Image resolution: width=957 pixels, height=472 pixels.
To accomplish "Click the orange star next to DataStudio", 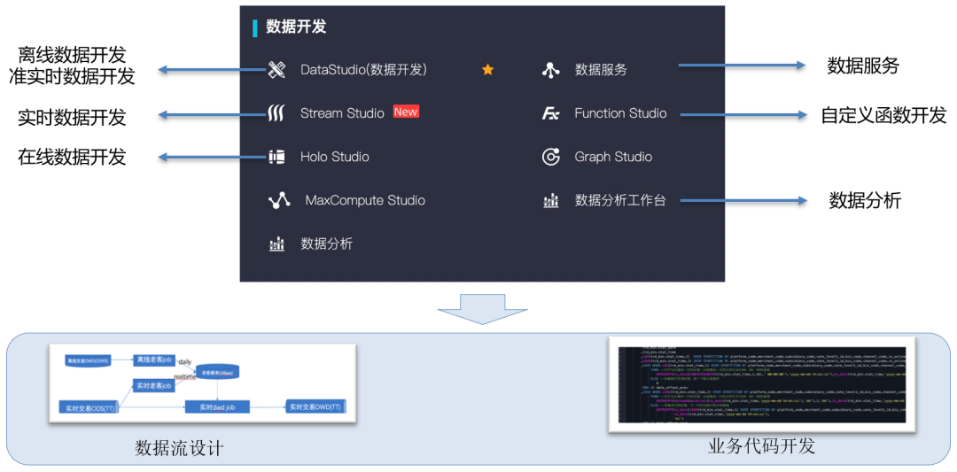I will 487,69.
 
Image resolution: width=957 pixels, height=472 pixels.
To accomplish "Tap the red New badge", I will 406,112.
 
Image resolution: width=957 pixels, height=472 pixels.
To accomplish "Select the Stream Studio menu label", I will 342,113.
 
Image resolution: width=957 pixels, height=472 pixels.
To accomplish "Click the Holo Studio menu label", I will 334,157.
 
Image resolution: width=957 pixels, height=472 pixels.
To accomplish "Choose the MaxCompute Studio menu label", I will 365,200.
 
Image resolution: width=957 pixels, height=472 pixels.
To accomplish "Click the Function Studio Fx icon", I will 551,113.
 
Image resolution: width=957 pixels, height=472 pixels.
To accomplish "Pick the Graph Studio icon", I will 551,157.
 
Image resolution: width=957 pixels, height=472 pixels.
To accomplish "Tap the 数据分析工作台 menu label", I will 619,200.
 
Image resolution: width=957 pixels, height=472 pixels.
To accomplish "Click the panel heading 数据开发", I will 296,27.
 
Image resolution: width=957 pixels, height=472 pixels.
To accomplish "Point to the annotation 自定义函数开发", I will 883,115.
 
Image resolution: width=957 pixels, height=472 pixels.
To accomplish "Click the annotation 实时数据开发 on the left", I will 72,117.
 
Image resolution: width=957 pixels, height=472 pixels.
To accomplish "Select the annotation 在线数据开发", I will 72,158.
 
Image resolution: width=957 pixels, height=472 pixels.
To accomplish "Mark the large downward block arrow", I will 482,310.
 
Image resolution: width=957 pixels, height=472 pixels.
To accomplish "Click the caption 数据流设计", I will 179,448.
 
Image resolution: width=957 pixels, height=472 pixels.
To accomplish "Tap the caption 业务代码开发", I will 761,445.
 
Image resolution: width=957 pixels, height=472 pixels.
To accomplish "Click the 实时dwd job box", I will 216,406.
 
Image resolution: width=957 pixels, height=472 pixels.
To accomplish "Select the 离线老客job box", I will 153,360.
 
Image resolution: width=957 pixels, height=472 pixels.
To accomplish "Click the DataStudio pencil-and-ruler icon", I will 277,70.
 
